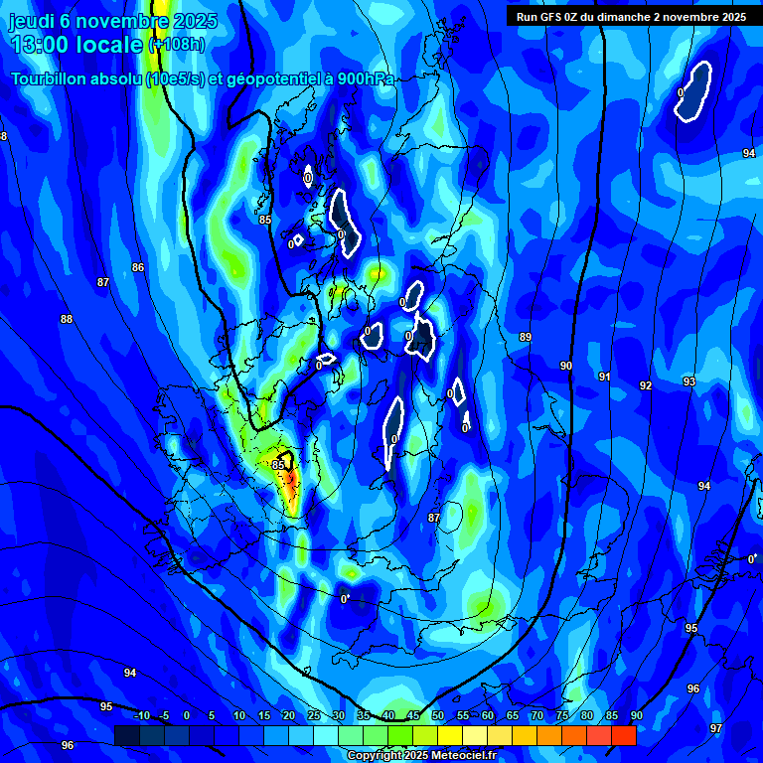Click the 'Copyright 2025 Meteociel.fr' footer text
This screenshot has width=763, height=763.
tap(421, 756)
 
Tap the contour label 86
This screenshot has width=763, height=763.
tap(138, 267)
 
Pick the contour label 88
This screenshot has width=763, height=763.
tap(67, 319)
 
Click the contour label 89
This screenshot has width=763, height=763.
tap(526, 338)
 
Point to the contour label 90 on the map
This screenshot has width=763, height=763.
tap(566, 367)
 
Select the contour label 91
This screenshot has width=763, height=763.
tap(604, 377)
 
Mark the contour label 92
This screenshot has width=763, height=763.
tap(646, 385)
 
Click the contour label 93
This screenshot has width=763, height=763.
tap(689, 381)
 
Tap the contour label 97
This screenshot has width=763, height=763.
tap(716, 728)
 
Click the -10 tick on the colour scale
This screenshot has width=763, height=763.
tap(141, 716)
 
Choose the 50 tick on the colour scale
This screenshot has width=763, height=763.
tap(438, 716)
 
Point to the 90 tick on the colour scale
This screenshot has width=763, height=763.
tap(636, 716)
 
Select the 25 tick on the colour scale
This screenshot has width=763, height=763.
tap(313, 716)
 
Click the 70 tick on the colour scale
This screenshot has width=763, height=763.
tap(536, 716)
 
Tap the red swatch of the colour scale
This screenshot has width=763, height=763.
tap(623, 735)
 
